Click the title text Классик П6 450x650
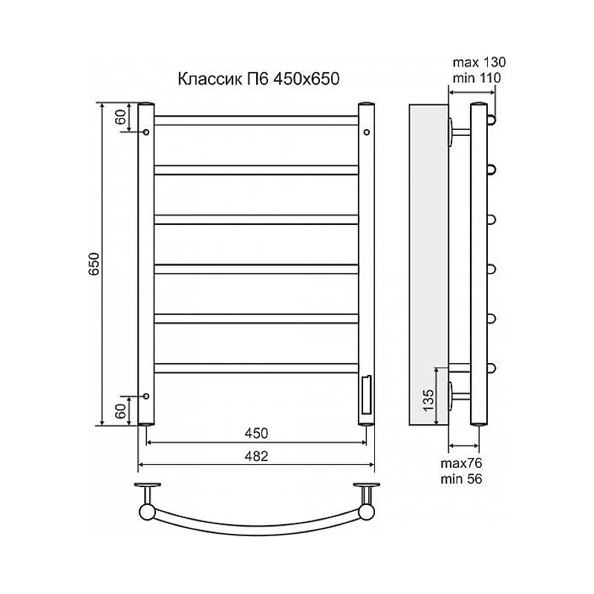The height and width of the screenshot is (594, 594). (x=258, y=79)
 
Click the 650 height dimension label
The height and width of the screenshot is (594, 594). (x=94, y=264)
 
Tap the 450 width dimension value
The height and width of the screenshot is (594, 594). (x=256, y=433)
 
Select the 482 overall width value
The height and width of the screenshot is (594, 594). (x=256, y=456)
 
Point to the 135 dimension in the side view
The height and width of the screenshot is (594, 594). (x=428, y=400)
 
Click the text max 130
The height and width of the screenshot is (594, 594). (x=479, y=62)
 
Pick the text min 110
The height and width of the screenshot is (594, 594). (x=477, y=78)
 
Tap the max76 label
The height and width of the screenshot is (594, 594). (x=461, y=463)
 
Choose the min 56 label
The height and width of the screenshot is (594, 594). (x=461, y=479)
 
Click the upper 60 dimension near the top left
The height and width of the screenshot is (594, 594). (x=120, y=117)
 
